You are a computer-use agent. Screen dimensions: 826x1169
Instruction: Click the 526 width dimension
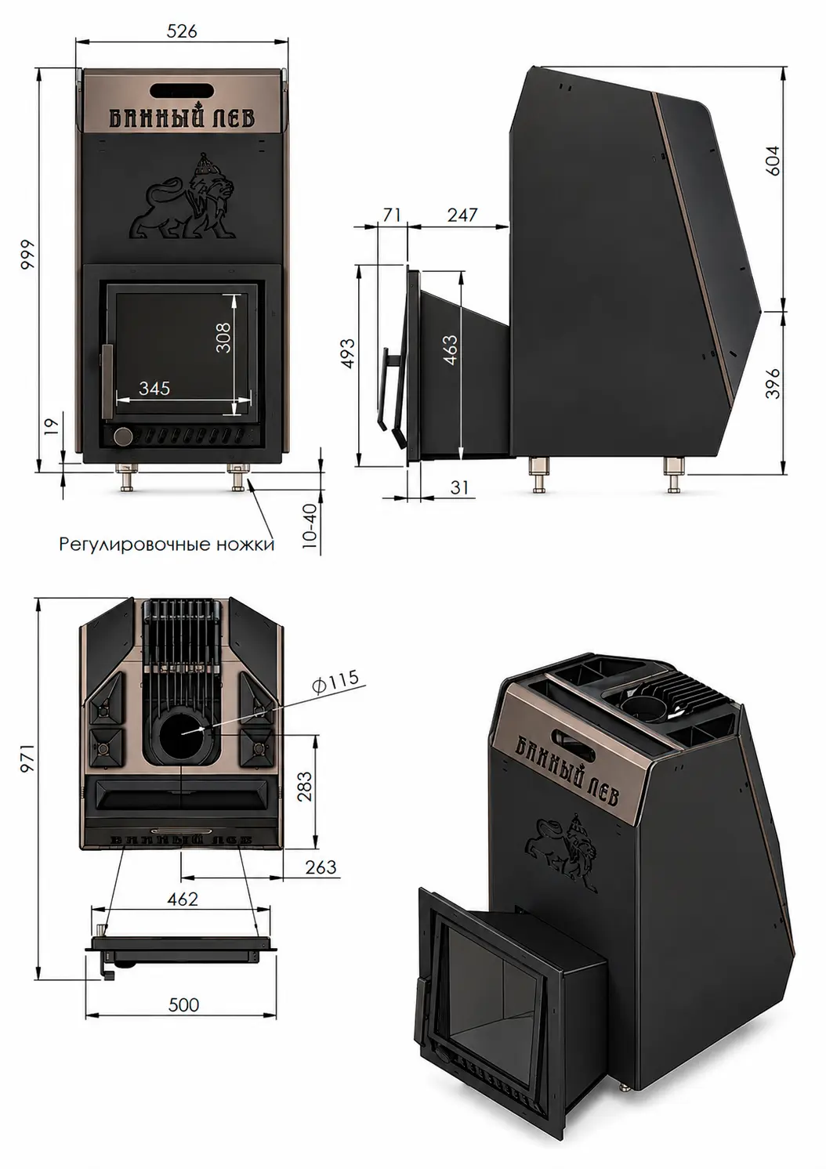coord(183,32)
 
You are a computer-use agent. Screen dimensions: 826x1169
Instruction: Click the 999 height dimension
coord(27,254)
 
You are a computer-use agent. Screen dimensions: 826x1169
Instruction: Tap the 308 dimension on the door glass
coord(223,337)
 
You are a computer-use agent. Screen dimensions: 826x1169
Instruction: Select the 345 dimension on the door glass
coord(154,388)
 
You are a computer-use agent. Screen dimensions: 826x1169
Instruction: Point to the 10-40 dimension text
coord(310,525)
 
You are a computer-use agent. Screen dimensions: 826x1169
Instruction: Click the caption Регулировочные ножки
coord(167,545)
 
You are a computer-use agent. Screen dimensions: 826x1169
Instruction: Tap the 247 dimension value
coord(462,215)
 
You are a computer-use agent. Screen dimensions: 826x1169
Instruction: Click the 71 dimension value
coord(391,215)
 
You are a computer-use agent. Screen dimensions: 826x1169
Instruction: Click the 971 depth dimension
coord(27,758)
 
